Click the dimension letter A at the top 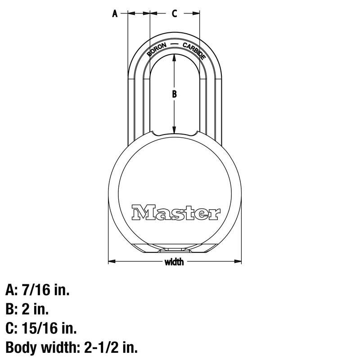(x=114, y=14)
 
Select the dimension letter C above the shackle (x=175, y=14)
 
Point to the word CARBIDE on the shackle (x=194, y=50)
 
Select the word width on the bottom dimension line (x=174, y=262)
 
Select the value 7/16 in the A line (x=35, y=290)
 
